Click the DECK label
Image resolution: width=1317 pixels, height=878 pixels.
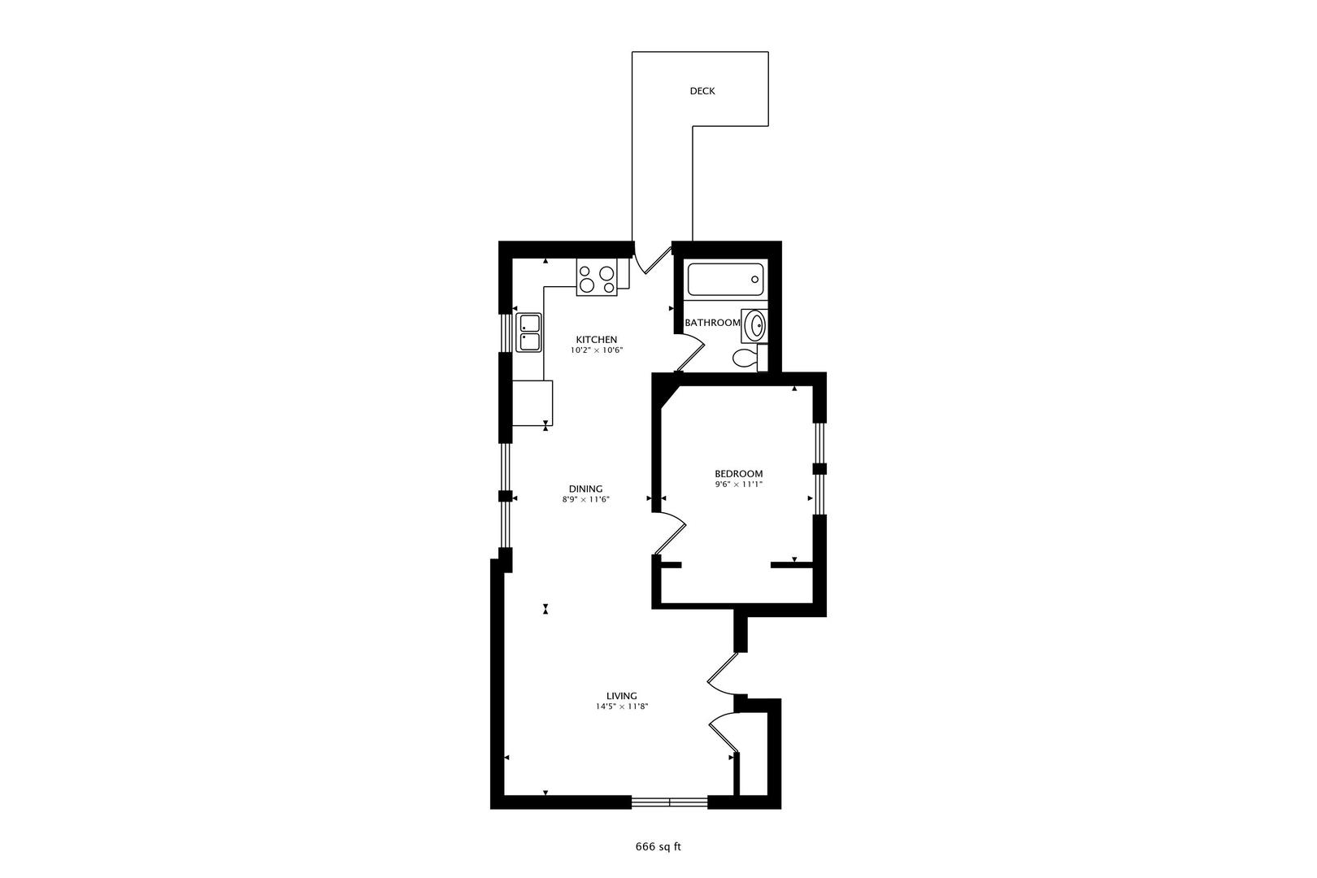(x=702, y=91)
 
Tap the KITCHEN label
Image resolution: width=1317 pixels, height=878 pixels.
(x=596, y=340)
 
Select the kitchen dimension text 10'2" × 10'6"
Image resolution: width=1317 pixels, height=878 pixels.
(x=596, y=350)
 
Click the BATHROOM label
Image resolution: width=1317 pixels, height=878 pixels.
(x=712, y=323)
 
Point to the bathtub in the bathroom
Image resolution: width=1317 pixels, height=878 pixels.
(x=725, y=280)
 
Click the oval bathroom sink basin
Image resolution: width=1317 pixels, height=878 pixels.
(x=754, y=325)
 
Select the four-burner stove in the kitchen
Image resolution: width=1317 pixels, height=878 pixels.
(x=596, y=277)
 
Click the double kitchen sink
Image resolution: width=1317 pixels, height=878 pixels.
(x=528, y=333)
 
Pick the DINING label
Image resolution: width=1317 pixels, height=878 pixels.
(x=585, y=489)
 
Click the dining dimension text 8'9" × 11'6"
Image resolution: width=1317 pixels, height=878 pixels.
(x=585, y=500)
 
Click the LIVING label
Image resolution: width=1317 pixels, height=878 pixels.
(x=621, y=696)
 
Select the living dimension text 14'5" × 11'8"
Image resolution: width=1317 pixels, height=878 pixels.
(x=621, y=706)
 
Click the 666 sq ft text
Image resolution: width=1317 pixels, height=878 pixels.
(x=658, y=847)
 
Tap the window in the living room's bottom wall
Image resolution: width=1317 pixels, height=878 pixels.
(x=669, y=802)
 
